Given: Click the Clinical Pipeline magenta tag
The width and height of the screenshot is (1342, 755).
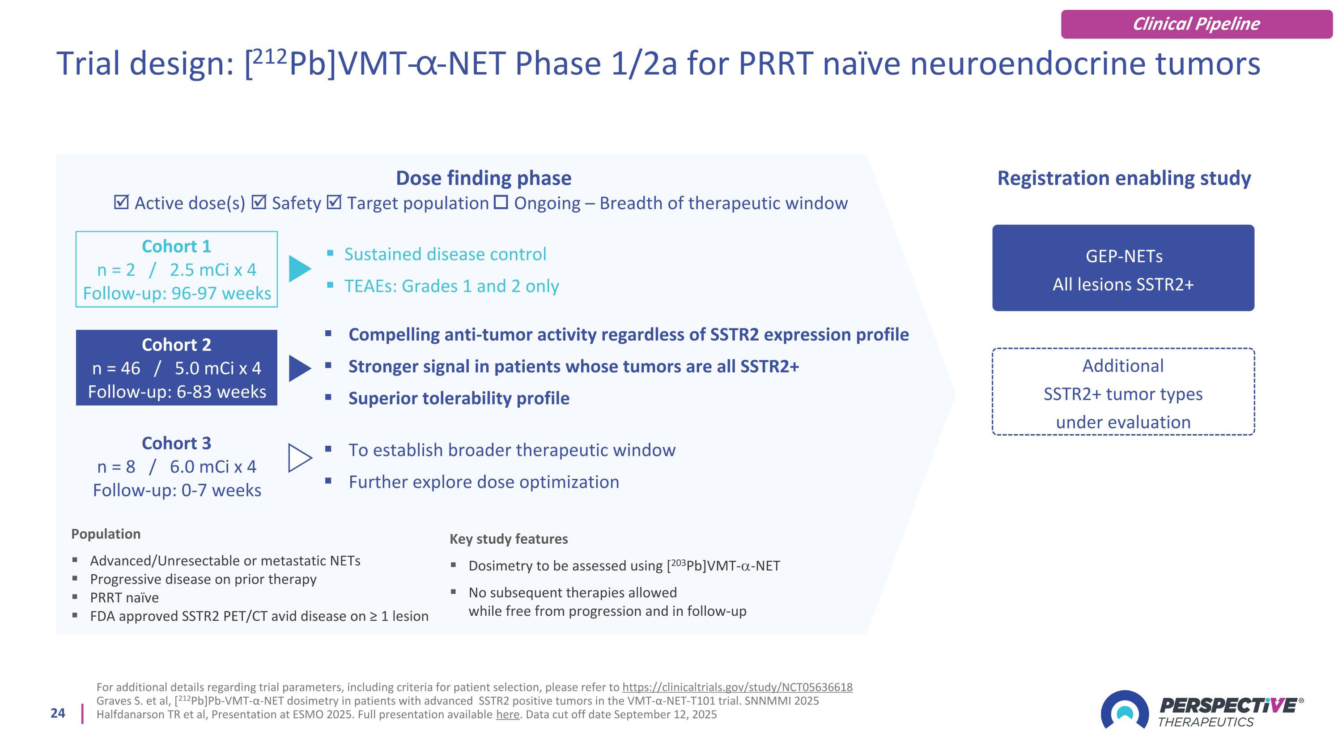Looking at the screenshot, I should [x=1196, y=24].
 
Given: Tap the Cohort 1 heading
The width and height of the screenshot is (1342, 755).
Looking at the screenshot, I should [x=176, y=247].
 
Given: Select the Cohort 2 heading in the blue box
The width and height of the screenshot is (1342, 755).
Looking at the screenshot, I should [x=176, y=345].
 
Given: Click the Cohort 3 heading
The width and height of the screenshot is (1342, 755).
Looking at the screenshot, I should [x=176, y=444].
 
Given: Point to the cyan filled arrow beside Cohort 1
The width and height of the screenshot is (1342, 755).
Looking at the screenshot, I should [x=299, y=269].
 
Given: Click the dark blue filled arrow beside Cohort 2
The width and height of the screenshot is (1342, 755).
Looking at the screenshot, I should [x=299, y=368].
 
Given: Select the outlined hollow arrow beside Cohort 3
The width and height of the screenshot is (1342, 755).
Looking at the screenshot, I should [x=299, y=458].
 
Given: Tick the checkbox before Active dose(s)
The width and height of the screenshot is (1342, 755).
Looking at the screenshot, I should [x=121, y=203].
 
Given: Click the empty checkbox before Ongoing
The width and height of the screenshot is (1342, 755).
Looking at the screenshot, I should [x=501, y=202].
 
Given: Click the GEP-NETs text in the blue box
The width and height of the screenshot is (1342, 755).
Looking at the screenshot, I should [x=1124, y=256].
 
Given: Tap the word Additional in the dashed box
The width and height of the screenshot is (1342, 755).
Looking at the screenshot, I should [x=1123, y=366].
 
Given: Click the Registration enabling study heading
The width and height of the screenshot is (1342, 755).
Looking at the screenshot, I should [x=1124, y=178].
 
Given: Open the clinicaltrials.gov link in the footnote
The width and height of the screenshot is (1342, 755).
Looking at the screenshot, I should [x=737, y=687].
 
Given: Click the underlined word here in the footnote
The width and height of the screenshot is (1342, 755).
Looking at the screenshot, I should [x=507, y=714].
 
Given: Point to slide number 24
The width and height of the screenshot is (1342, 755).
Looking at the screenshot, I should [x=58, y=713].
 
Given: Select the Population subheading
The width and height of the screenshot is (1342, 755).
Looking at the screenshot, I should [x=106, y=534].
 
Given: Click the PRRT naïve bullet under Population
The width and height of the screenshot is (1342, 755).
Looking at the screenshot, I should [x=124, y=597].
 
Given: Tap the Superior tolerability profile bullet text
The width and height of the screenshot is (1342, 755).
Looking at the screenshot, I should [x=459, y=399].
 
